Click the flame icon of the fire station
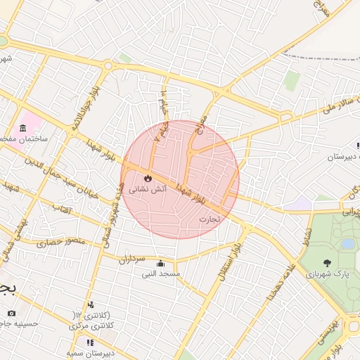[148, 178]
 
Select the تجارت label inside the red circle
[209, 219]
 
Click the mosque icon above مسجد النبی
[162, 262]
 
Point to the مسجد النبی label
[162, 273]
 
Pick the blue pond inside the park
[347, 243]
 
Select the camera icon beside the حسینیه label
[11, 312]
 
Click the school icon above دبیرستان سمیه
[89, 342]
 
